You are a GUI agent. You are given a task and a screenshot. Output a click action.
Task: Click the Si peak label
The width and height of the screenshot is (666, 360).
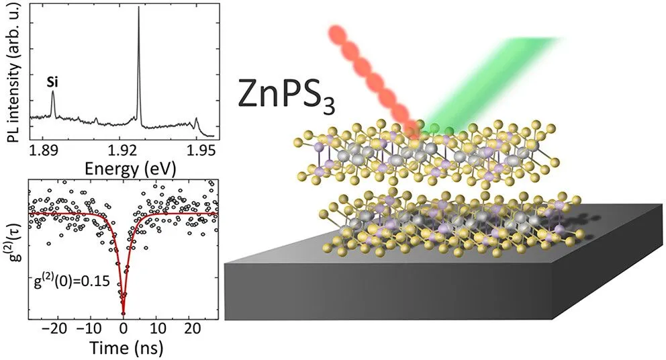click(52, 82)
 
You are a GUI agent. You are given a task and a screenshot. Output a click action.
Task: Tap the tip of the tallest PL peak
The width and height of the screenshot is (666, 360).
click(138, 7)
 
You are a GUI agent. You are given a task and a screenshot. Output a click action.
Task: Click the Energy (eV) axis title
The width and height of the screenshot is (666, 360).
click(130, 169)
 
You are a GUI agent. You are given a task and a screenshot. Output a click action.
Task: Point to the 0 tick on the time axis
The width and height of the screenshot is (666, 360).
click(123, 328)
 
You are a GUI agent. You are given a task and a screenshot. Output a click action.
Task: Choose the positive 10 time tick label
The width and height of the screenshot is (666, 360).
click(158, 328)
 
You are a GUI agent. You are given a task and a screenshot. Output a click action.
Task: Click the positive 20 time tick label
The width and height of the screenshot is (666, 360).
click(192, 328)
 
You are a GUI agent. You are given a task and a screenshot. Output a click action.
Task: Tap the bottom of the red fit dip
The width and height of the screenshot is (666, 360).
click(123, 313)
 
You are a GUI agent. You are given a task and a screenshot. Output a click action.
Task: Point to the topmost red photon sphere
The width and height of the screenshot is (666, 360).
click(338, 34)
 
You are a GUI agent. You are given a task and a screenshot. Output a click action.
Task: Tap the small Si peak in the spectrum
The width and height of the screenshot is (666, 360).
click(52, 102)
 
